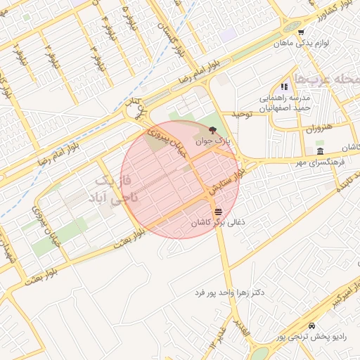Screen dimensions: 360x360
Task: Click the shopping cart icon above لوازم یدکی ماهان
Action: click(x=300, y=32)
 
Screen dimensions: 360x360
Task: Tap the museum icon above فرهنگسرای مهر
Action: click(x=320, y=152)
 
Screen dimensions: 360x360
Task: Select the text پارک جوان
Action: click(x=214, y=141)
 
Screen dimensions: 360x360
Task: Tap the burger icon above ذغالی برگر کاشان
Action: click(x=218, y=211)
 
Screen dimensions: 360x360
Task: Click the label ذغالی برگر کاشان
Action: click(x=218, y=222)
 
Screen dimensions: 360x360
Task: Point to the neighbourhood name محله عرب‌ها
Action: click(x=329, y=79)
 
